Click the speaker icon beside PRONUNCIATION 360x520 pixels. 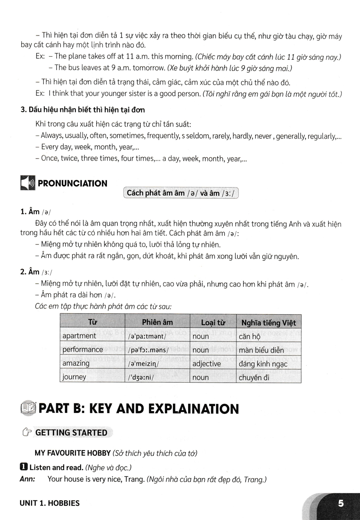(27, 183)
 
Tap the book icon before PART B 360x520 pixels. (28, 408)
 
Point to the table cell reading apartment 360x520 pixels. (79, 336)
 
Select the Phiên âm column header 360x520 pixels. (157, 322)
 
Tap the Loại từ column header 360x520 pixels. (213, 322)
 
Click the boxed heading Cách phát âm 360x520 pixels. (181, 193)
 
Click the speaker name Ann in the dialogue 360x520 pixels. (27, 480)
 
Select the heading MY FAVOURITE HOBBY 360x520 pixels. (72, 454)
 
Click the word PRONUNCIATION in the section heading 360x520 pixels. (73, 183)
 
